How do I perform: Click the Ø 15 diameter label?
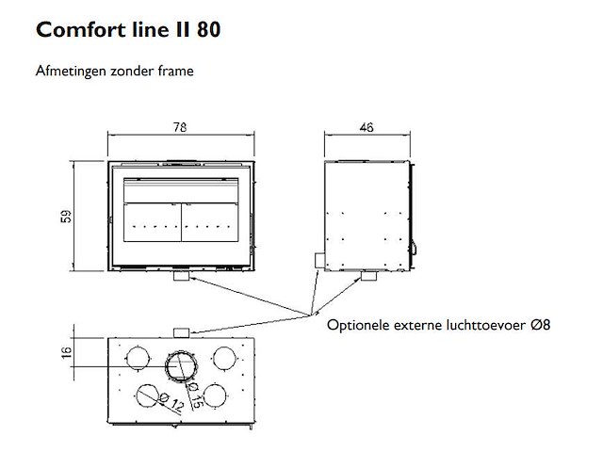(x=195, y=389)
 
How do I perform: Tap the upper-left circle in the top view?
(x=138, y=358)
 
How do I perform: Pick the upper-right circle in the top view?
(x=225, y=358)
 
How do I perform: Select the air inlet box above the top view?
(x=183, y=331)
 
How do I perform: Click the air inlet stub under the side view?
(x=364, y=276)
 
